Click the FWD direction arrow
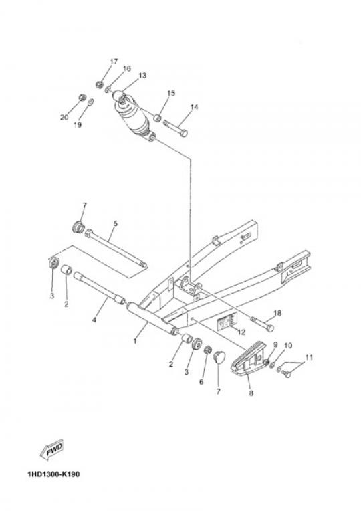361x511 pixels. (51, 451)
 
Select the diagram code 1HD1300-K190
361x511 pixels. (53, 474)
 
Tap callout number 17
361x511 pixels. (114, 62)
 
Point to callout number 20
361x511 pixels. (64, 117)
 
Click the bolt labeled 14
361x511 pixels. (174, 128)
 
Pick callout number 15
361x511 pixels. (171, 93)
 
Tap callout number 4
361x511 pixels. (94, 320)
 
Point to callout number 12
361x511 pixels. (241, 332)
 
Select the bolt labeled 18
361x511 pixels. (262, 324)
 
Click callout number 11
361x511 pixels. (309, 358)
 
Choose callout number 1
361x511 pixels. (135, 342)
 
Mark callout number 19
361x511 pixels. (78, 125)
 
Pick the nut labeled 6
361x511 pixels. (207, 351)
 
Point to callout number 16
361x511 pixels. (127, 68)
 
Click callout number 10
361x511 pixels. (288, 345)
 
